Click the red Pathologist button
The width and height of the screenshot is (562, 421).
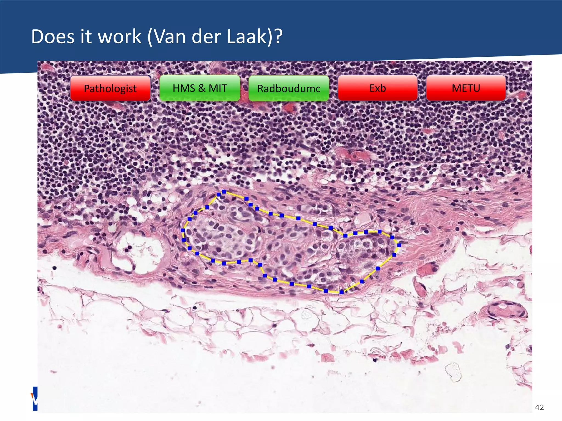(110, 88)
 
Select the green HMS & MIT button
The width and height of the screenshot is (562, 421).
(200, 88)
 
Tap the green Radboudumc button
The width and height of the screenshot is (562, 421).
(289, 88)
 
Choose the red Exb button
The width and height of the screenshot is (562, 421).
(378, 88)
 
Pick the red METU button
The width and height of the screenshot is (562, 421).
(466, 88)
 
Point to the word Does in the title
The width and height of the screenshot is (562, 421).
(53, 37)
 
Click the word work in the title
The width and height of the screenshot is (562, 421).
(119, 37)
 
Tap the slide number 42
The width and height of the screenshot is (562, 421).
(539, 407)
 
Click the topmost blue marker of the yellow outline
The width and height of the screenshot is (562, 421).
(224, 192)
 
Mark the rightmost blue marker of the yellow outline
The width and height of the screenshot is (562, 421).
(399, 245)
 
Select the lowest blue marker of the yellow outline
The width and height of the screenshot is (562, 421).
(341, 292)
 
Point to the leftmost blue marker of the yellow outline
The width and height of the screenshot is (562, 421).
(183, 231)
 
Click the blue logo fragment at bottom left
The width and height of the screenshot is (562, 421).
(35, 399)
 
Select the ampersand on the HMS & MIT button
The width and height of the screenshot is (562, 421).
(202, 88)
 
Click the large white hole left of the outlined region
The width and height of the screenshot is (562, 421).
(140, 251)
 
